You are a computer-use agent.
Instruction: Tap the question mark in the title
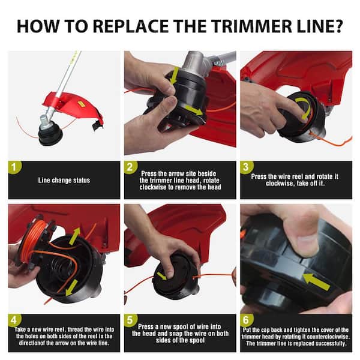click(x=337, y=26)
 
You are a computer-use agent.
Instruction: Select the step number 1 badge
click(x=14, y=167)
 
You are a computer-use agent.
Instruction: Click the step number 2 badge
click(x=130, y=167)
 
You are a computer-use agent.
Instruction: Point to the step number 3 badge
click(x=246, y=167)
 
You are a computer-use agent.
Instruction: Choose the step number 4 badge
click(x=14, y=320)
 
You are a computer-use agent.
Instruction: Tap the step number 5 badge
click(x=130, y=320)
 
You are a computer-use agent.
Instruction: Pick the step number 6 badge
click(x=246, y=320)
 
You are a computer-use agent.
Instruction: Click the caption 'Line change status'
click(x=64, y=181)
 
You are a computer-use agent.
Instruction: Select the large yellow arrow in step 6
click(x=316, y=282)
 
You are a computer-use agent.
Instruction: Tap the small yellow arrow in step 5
click(x=162, y=276)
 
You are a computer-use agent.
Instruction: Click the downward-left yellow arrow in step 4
click(x=71, y=288)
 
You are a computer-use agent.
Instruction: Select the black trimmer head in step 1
click(x=50, y=134)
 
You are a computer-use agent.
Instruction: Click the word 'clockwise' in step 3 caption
click(x=280, y=184)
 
